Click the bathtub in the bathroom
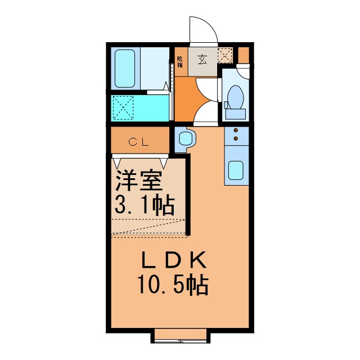(x=124, y=69)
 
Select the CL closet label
(x=139, y=142)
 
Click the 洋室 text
(x=139, y=183)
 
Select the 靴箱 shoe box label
(x=180, y=62)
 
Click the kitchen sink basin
(x=236, y=170)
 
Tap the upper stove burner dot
(x=236, y=131)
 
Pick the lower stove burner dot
(x=236, y=138)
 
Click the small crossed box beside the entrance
(x=225, y=55)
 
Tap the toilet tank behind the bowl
(x=236, y=112)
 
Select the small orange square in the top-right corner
(x=244, y=55)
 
